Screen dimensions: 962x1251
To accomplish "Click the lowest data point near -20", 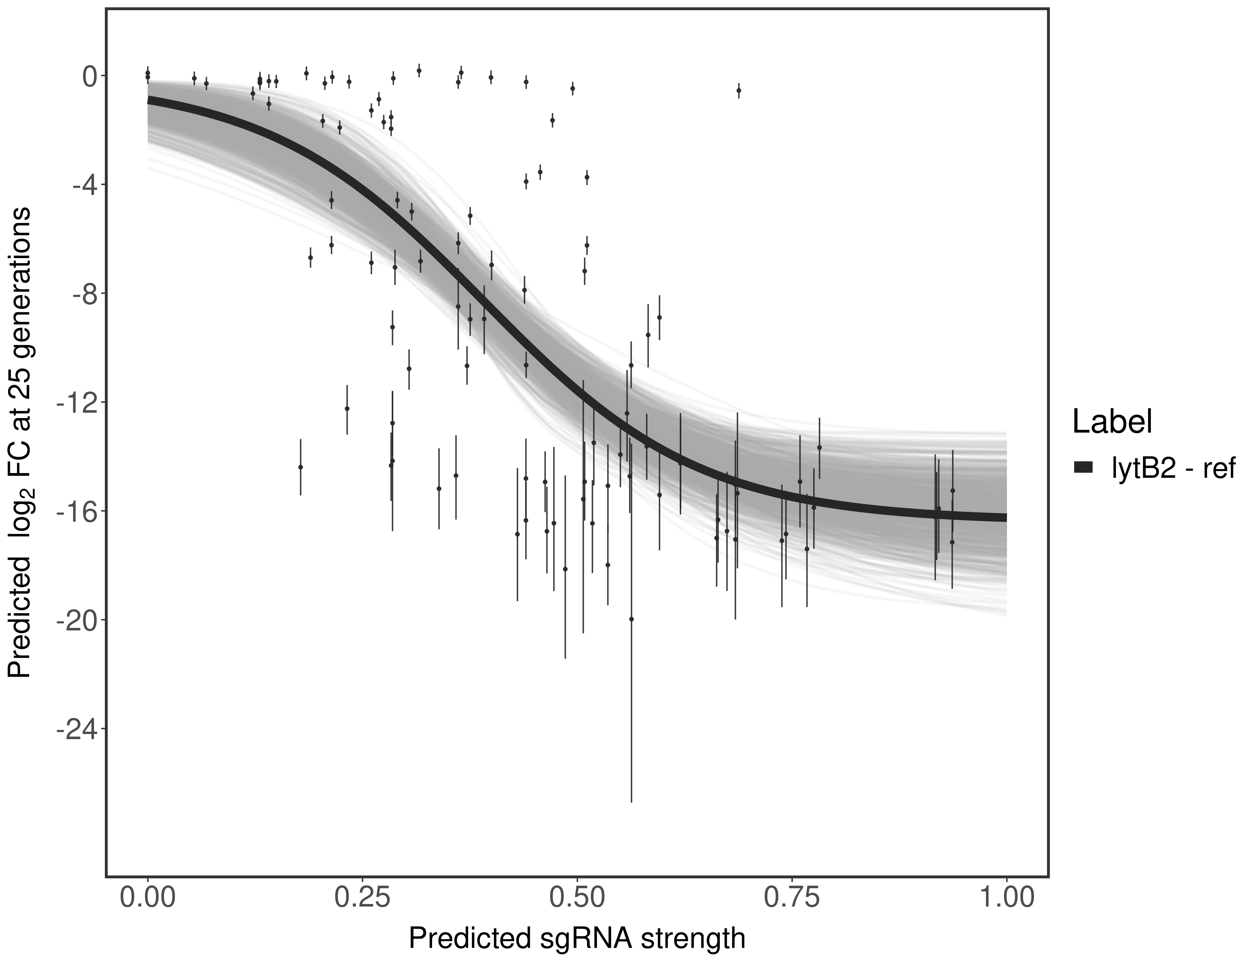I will [631, 619].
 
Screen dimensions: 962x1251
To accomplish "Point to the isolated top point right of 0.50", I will [739, 90].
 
